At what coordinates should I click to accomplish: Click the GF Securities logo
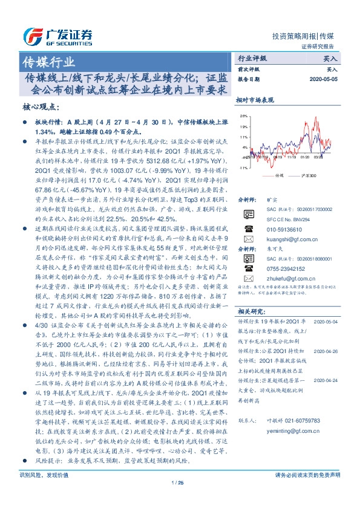pyautogui.click(x=57, y=36)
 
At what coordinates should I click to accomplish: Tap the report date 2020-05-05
pyautogui.click(x=323, y=79)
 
